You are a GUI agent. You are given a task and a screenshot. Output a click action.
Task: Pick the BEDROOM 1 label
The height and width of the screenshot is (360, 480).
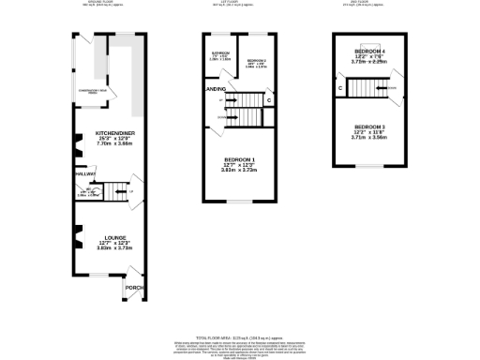[237, 160]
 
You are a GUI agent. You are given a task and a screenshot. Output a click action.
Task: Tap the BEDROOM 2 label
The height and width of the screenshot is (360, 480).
[257, 62]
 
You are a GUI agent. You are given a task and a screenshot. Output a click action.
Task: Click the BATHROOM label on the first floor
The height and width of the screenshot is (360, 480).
[221, 52]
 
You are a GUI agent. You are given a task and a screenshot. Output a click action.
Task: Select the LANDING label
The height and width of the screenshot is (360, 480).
[215, 89]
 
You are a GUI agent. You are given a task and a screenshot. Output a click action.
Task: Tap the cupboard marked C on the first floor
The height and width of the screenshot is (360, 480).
[269, 99]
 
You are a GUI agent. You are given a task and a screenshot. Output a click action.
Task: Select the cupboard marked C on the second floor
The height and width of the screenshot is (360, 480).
[339, 88]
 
